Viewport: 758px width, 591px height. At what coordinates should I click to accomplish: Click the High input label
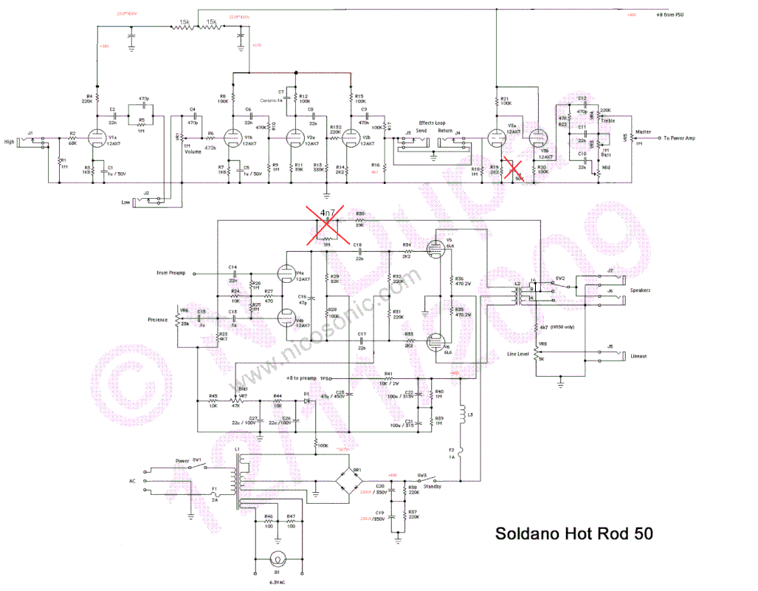coord(9,142)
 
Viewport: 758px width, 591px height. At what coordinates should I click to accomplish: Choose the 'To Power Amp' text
coord(679,137)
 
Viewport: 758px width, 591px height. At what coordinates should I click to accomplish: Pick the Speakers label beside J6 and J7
coord(641,290)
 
